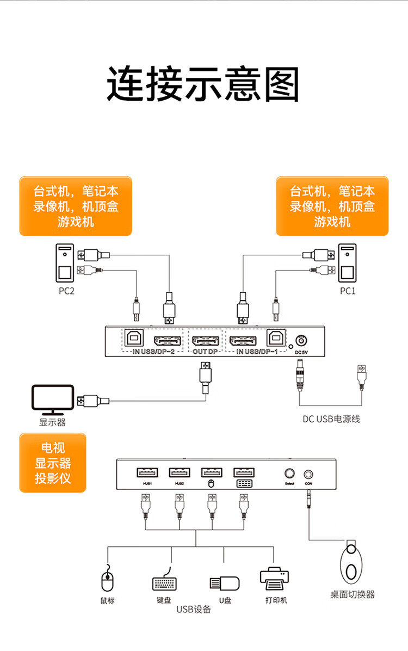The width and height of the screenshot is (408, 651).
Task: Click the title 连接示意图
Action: coord(203,85)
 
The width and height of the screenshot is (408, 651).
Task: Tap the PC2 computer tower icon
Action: coord(65,263)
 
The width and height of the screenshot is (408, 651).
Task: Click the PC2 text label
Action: coord(66,291)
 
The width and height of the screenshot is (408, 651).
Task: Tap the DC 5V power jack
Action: coord(301,341)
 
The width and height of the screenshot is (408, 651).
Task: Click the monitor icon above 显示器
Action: coord(52,399)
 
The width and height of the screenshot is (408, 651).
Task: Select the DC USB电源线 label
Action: coord(331,419)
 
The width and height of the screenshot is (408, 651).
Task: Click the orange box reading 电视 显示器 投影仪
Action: coord(53,463)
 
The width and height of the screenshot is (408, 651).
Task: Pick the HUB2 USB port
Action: coord(180,472)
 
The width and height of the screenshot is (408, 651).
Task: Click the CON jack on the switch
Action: coord(309,475)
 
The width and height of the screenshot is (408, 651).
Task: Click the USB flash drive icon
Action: coord(225,582)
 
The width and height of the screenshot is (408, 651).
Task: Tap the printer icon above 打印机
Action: coord(275,580)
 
